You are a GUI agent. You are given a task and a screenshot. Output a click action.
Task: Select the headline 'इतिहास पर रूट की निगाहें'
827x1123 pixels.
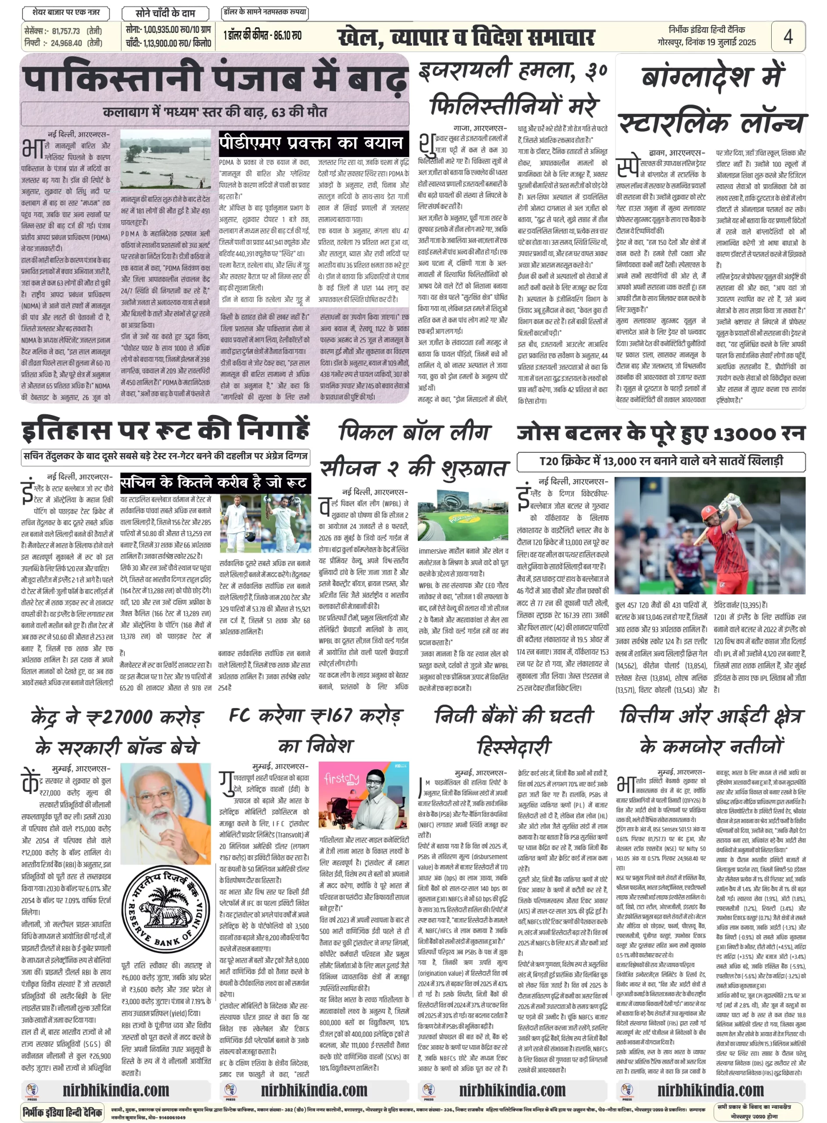165,429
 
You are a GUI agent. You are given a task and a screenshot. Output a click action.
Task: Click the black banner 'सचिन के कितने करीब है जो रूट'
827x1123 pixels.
215,482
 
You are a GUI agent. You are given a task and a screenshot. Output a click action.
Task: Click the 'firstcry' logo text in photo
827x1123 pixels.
342,780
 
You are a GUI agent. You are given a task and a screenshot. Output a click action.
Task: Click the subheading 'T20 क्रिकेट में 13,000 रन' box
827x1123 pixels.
660,461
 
